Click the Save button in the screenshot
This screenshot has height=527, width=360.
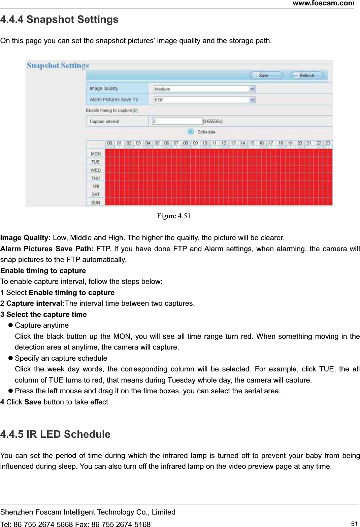coord(265,75)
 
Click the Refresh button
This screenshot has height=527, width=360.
coord(306,75)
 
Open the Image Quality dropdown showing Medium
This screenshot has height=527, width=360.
coord(204,89)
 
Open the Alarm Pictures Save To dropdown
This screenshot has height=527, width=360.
coord(204,100)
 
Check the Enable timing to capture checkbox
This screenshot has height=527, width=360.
coord(135,110)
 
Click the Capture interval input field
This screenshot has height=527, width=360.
coord(177,121)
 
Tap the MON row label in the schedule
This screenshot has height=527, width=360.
coord(96,154)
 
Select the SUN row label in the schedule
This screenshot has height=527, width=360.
coord(96,202)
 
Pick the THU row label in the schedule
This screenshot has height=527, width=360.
coord(96,178)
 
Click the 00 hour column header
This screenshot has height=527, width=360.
coord(110,143)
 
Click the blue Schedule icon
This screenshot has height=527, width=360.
coord(191,131)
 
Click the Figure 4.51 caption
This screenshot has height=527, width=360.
coord(174,216)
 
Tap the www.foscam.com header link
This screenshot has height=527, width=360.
coord(323,3)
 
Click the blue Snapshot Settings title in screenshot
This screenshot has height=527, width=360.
coord(58,65)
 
